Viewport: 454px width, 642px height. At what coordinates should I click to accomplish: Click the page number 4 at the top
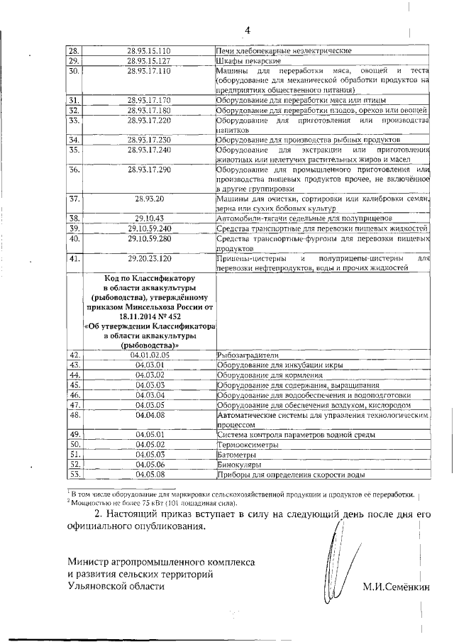click(248, 30)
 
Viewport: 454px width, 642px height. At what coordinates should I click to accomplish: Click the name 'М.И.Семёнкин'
click(397, 587)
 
